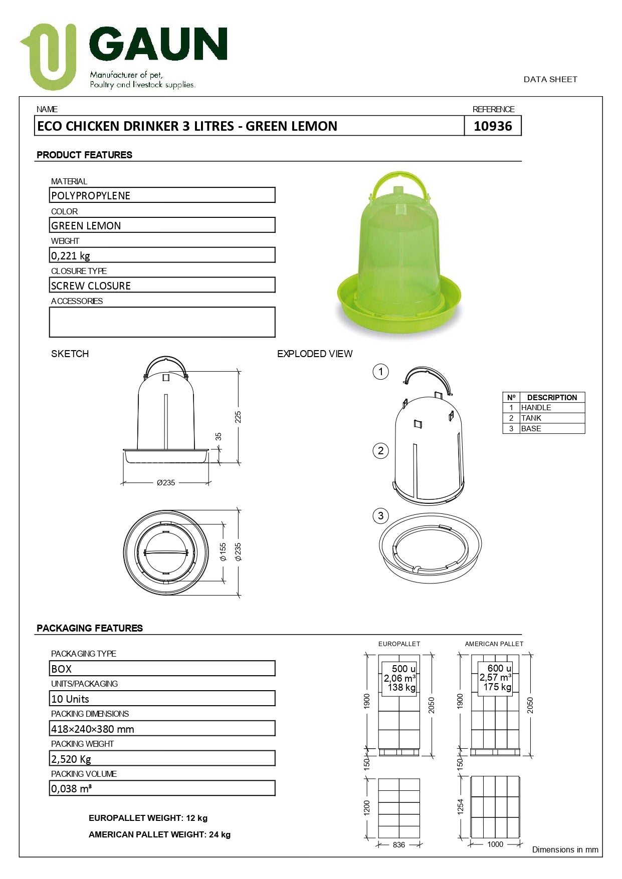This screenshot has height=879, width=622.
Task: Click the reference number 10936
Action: [493, 126]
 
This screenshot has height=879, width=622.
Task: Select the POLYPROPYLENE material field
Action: [162, 195]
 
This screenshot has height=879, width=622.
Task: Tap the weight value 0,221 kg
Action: [71, 255]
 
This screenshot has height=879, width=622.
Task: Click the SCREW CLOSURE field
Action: [162, 285]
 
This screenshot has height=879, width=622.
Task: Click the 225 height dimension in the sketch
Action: [238, 417]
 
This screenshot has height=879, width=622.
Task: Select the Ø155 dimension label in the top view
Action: [224, 552]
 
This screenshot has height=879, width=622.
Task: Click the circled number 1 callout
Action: [381, 372]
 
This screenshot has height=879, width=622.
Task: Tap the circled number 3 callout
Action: [381, 516]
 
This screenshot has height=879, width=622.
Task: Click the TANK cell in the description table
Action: [531, 418]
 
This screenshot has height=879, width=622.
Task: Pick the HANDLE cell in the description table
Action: [536, 408]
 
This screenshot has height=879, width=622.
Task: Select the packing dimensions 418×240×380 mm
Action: [93, 729]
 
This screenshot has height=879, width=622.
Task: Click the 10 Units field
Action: [70, 699]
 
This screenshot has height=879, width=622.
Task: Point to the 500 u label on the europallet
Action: [403, 669]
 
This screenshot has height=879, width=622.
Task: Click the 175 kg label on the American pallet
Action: [497, 687]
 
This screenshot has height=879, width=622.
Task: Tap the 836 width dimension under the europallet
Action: [399, 844]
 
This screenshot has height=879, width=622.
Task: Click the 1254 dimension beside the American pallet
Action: [461, 806]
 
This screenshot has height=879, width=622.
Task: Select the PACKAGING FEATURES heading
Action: [90, 628]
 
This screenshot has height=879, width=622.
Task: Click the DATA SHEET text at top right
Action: [550, 79]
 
